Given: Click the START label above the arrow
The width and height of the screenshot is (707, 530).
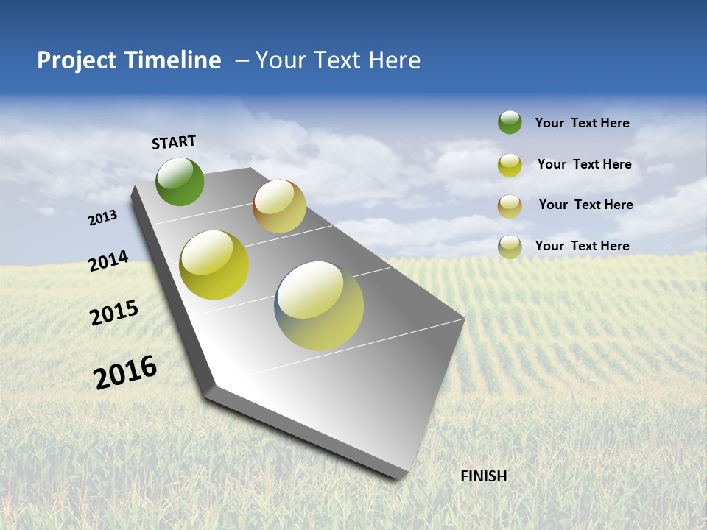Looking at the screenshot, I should click(174, 142).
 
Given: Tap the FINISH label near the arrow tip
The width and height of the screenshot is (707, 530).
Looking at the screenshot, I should click(484, 476).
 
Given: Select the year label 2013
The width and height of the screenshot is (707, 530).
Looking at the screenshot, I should click(102, 218).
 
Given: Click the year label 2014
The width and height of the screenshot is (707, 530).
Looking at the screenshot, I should click(108, 261).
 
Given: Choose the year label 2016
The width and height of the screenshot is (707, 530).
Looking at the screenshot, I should click(125, 372).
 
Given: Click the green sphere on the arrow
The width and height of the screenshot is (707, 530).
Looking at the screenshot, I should click(180, 182).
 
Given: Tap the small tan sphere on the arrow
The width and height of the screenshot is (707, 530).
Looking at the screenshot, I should click(279, 206).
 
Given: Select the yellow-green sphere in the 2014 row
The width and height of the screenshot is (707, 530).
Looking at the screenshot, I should click(214, 265).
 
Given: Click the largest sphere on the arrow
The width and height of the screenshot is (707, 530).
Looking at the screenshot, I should click(319, 305).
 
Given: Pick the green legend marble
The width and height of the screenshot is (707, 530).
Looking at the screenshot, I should click(510, 123).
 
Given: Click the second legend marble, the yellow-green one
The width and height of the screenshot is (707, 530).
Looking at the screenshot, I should click(510, 165).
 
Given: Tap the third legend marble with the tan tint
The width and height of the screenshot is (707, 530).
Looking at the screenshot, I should click(510, 206).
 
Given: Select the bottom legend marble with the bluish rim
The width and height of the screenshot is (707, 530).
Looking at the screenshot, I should click(510, 247).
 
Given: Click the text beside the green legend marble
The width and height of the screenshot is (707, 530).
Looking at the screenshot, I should click(582, 123).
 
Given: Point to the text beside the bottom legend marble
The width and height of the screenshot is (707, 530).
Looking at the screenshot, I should click(582, 246).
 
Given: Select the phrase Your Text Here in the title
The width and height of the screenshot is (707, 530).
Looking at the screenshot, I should click(338, 60).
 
